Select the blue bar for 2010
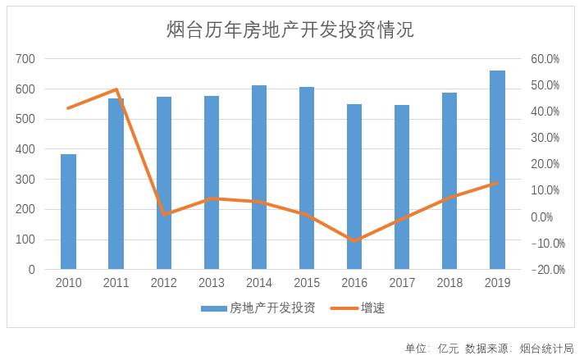click(x=68, y=212)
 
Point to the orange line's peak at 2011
click(x=116, y=89)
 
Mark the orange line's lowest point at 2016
click(x=354, y=241)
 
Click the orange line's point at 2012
click(x=164, y=214)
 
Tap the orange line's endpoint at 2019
click(x=497, y=183)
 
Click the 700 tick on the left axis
click(x=25, y=59)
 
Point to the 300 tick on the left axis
click(x=25, y=180)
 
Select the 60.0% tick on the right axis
click(x=545, y=59)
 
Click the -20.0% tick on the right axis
click(x=543, y=270)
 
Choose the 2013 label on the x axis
click(x=212, y=283)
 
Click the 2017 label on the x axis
click(x=402, y=283)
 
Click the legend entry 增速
click(x=372, y=309)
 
